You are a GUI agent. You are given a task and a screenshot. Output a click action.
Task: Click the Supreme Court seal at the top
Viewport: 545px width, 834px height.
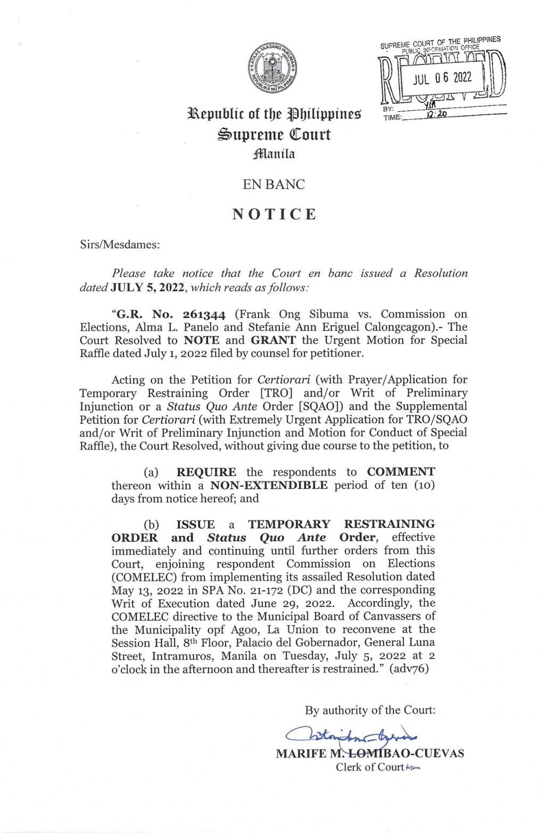coord(272,68)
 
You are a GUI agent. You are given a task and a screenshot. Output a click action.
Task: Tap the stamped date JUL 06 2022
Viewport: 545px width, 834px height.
coord(442,78)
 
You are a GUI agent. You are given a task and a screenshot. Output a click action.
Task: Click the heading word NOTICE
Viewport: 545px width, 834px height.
coord(274,214)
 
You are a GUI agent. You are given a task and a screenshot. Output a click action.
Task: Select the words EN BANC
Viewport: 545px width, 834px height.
coord(274,184)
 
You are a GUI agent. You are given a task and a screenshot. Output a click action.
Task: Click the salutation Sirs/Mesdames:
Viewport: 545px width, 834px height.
coord(120,244)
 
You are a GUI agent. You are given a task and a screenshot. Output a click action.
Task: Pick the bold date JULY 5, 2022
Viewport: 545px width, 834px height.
coord(147,288)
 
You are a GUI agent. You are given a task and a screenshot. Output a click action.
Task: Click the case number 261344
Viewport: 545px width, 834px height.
coord(204,314)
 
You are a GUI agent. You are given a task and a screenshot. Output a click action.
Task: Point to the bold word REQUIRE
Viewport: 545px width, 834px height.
coord(206,472)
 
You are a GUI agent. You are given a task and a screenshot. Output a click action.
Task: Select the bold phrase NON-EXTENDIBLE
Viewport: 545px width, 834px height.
coord(269,485)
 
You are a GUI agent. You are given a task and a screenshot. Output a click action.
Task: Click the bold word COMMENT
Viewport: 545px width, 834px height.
coord(400,472)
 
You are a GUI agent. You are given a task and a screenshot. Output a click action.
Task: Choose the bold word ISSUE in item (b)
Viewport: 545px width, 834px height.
coord(195,524)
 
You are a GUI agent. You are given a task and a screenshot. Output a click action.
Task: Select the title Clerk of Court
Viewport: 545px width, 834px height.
coord(369,767)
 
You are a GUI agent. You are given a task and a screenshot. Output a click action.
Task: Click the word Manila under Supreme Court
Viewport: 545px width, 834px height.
coord(274,154)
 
